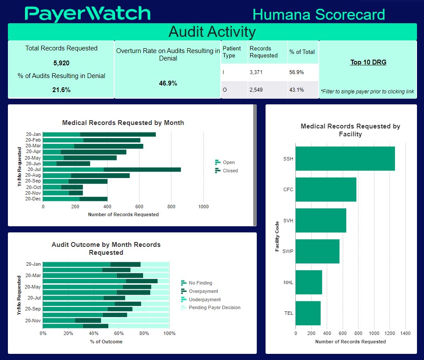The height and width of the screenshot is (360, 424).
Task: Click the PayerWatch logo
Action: pyautogui.click(x=88, y=14)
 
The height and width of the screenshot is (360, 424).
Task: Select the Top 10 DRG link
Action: pyautogui.click(x=368, y=62)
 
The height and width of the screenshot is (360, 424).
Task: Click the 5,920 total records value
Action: pyautogui.click(x=61, y=63)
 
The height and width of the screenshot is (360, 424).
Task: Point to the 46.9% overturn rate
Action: pyautogui.click(x=168, y=83)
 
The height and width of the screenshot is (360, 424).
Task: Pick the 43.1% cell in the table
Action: pyautogui.click(x=297, y=90)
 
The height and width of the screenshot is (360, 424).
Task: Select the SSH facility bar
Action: pyautogui.click(x=345, y=158)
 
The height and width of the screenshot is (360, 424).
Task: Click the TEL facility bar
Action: pyautogui.click(x=308, y=313)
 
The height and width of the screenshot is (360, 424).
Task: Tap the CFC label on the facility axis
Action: pyautogui.click(x=288, y=189)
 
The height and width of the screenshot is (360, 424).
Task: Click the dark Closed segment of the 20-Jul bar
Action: pyautogui.click(x=142, y=169)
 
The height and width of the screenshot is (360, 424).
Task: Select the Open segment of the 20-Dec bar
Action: pyautogui.click(x=61, y=199)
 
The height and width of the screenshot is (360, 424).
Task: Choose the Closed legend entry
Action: pyautogui.click(x=230, y=171)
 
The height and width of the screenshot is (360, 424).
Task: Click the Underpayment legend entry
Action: pyautogui.click(x=205, y=299)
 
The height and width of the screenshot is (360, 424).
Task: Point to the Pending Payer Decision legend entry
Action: pyautogui.click(x=214, y=307)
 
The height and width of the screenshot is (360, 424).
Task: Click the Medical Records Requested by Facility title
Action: pyautogui.click(x=350, y=130)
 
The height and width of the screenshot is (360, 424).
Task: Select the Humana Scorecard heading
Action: pyautogui.click(x=319, y=14)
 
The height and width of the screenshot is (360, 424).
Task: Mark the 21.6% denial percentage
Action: pyautogui.click(x=61, y=90)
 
